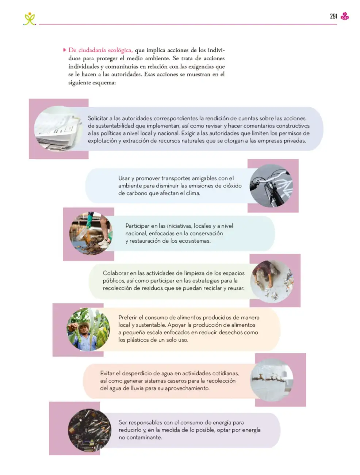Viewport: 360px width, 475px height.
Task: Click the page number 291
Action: (x=333, y=16)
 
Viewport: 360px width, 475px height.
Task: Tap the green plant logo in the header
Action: (x=30, y=19)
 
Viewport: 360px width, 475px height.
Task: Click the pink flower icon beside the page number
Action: (x=345, y=16)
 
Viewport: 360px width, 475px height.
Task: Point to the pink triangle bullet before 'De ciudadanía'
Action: (x=64, y=50)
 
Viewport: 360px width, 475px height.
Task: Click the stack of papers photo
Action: (x=58, y=129)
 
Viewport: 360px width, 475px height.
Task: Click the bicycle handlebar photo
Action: (x=271, y=186)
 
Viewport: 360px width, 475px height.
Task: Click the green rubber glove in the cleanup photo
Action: (x=89, y=221)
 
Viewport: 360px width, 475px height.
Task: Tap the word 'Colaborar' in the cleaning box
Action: (x=114, y=273)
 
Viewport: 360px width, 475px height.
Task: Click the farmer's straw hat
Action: (x=84, y=325)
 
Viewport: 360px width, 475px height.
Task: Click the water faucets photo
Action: (x=272, y=380)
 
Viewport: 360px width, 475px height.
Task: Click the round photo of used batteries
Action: (x=89, y=430)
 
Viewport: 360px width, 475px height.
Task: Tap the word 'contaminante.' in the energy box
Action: (x=140, y=437)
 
